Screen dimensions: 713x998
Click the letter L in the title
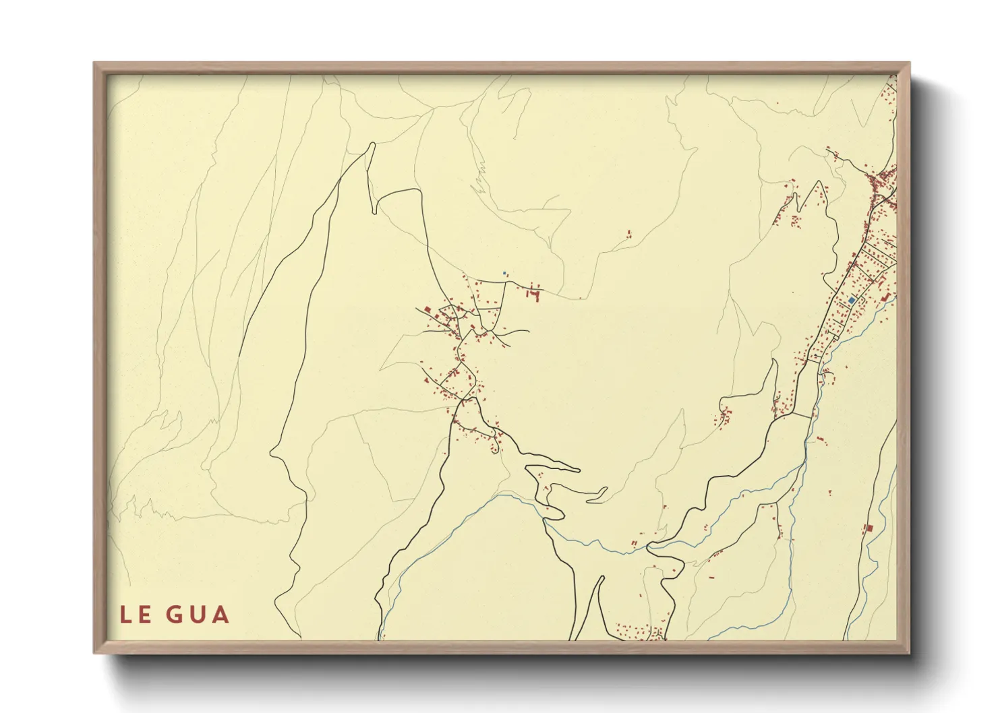coord(126,615)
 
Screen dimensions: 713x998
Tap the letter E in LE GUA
coord(145,615)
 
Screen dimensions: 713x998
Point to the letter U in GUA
coord(198,615)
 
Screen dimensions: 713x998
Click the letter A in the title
coord(221,615)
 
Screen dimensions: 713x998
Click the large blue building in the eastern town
coord(852,300)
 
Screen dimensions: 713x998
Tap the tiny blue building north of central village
coord(504,273)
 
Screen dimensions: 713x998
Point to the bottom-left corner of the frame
coord(95,652)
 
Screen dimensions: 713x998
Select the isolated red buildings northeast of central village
coord(630,234)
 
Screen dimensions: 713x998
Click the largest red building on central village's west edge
coord(437,316)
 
